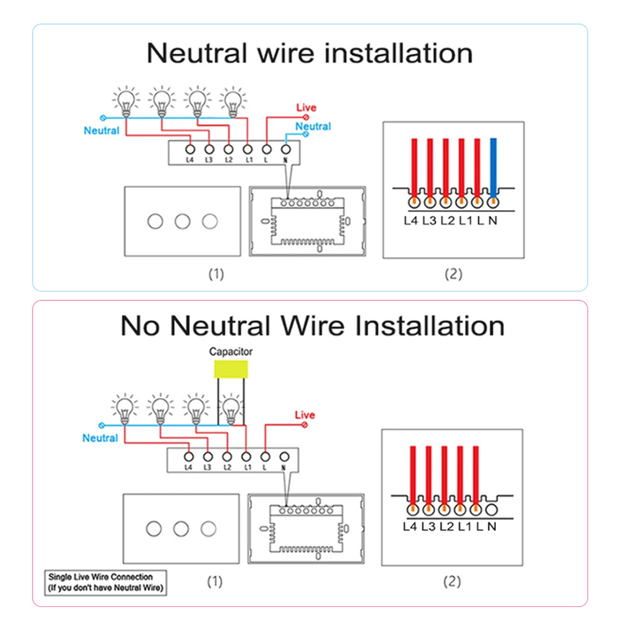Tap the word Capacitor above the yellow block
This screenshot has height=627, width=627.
point(231,352)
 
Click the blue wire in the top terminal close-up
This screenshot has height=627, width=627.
point(493,166)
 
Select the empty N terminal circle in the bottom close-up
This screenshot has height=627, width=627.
point(491,509)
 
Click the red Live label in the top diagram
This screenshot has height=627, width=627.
point(307,108)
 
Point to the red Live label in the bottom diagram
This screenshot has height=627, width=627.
point(305,415)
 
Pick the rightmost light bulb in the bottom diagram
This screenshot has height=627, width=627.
point(231,408)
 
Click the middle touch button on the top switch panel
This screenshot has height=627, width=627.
point(182,221)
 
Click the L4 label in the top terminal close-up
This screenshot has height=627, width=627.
point(412,221)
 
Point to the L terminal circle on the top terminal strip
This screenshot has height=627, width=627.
point(267,150)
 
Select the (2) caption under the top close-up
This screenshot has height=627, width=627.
point(453,275)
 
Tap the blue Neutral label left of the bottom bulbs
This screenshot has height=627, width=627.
point(100,438)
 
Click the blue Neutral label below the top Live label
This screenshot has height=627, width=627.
point(313,127)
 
